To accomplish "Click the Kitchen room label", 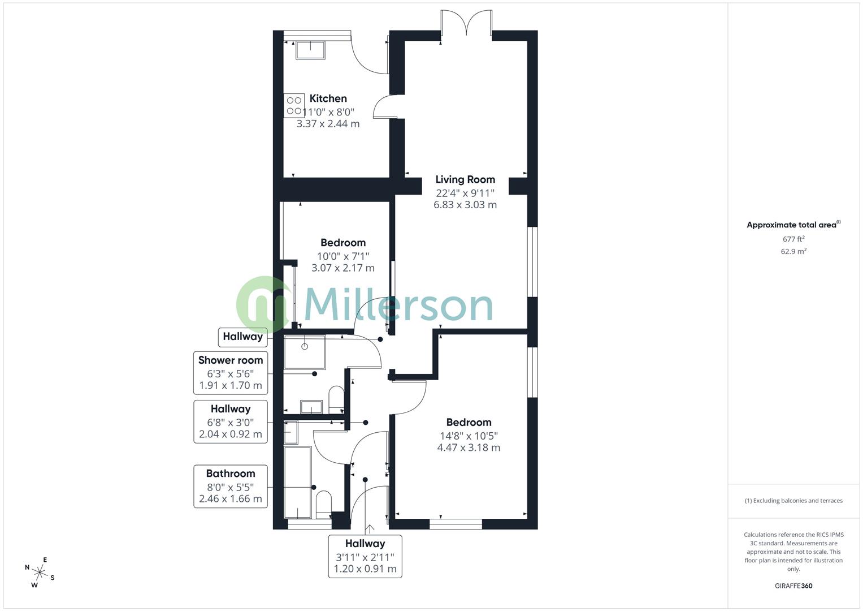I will pyautogui.click(x=328, y=98).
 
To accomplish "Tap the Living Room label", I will pyautogui.click(x=465, y=179).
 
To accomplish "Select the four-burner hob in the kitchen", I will pyautogui.click(x=294, y=105).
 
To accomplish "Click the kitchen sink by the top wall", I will pyautogui.click(x=310, y=50).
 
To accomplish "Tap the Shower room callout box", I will pyautogui.click(x=231, y=372).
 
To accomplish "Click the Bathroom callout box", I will pyautogui.click(x=231, y=486).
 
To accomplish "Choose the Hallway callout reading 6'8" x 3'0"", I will pyautogui.click(x=231, y=421).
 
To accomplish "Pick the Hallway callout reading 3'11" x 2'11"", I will pyautogui.click(x=365, y=556).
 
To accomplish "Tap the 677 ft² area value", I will pyautogui.click(x=793, y=239).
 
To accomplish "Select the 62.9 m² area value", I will pyautogui.click(x=793, y=252).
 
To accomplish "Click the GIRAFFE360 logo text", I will pyautogui.click(x=793, y=586).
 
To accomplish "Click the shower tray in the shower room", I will pyautogui.click(x=305, y=351).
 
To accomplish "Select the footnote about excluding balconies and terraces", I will pyautogui.click(x=793, y=501).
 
